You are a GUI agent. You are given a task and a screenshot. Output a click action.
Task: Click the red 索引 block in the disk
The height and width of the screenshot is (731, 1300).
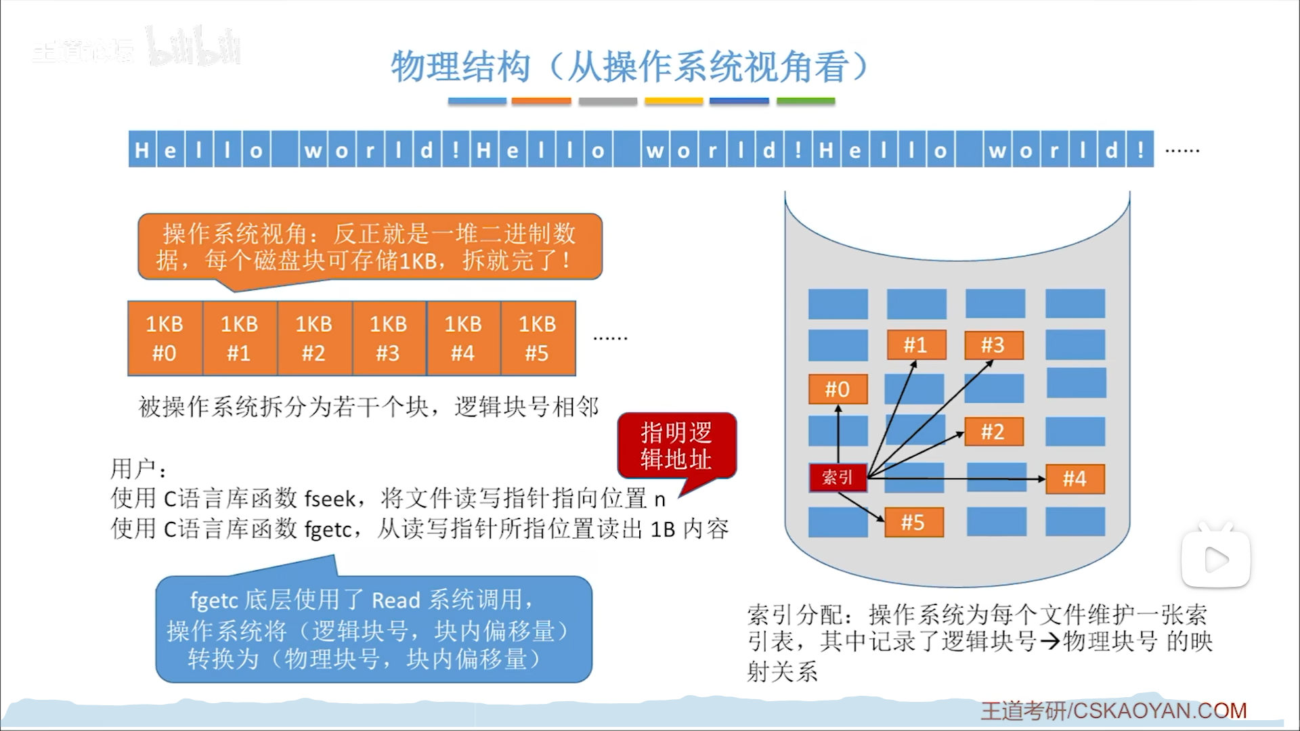[x=838, y=478]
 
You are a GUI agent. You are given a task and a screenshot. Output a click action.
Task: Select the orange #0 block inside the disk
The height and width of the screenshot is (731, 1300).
[x=838, y=389]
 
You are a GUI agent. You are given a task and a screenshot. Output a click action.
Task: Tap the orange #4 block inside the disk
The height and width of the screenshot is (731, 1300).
[x=1075, y=479]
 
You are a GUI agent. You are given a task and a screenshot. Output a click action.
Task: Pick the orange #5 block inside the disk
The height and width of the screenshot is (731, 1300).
[x=913, y=523]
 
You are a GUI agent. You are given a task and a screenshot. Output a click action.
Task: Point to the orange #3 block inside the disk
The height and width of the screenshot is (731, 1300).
[x=993, y=345]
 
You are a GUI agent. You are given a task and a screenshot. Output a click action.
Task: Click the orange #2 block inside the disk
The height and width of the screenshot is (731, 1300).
[x=993, y=432]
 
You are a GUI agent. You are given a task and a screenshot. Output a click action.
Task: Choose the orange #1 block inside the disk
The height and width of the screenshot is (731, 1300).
[x=915, y=345]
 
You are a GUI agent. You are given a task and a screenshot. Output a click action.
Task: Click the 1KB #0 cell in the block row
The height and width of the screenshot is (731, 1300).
[x=165, y=338]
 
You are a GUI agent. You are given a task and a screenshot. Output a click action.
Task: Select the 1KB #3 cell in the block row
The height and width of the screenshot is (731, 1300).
[x=389, y=338]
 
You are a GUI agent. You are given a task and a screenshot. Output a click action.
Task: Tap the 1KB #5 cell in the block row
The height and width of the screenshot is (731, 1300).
[x=538, y=338]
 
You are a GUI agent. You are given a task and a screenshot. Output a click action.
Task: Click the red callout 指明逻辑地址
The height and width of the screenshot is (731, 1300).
[x=676, y=446]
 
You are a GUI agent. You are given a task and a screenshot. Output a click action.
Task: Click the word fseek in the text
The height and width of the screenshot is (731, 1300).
[x=330, y=499]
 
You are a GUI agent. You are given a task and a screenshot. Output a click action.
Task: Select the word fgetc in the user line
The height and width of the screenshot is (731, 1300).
[x=328, y=529]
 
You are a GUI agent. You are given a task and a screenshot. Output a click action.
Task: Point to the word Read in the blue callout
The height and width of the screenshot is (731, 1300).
[x=396, y=600]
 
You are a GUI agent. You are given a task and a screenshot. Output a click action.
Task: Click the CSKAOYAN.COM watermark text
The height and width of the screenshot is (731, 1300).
[x=1159, y=711]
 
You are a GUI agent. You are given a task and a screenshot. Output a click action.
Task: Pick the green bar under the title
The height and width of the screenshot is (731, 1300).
[x=805, y=102]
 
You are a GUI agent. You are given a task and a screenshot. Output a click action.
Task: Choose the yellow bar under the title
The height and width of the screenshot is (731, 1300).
[x=674, y=102]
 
